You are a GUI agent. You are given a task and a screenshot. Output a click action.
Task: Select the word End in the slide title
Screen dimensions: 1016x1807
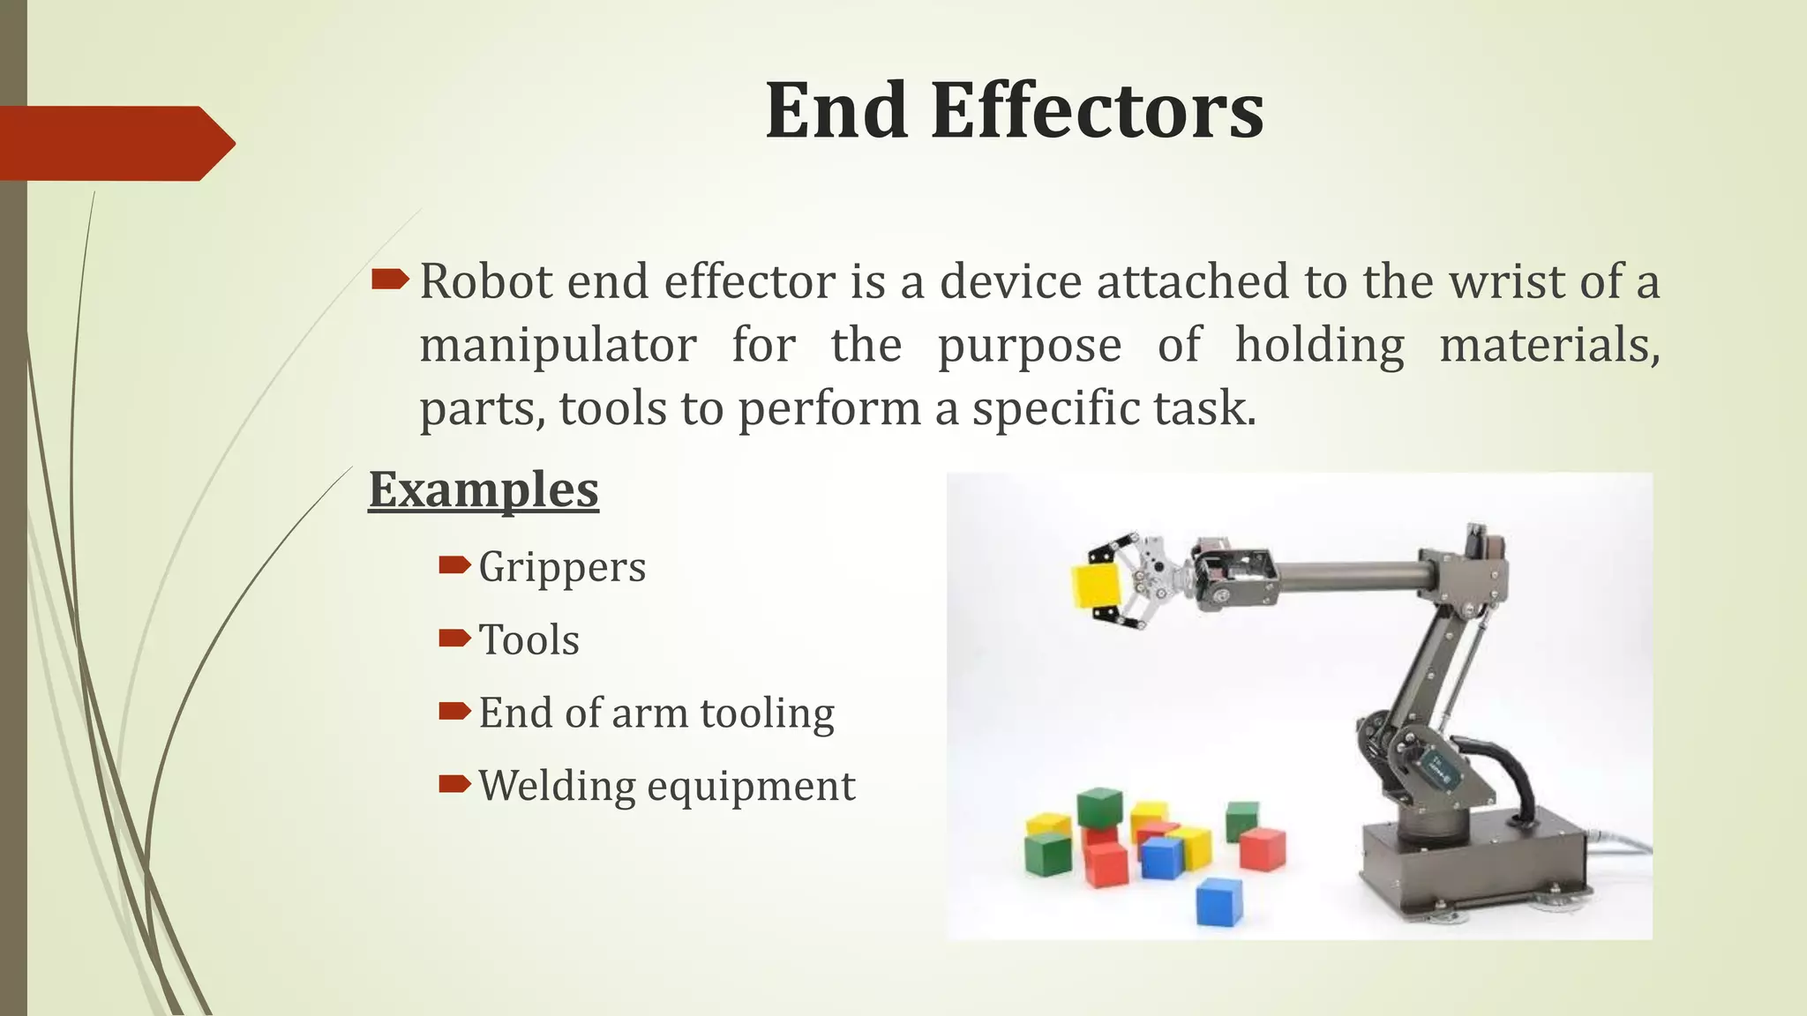(x=836, y=112)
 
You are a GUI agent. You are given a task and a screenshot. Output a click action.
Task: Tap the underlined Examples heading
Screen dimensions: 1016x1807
(x=484, y=490)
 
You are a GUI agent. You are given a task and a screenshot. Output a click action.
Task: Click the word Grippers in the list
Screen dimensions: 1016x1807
(x=562, y=567)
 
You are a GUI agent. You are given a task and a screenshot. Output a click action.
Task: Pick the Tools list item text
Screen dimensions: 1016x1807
(x=529, y=640)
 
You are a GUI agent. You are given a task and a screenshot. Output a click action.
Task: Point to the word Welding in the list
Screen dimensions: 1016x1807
(x=556, y=786)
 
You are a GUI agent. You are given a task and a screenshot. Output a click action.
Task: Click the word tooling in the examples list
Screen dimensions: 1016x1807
(x=767, y=713)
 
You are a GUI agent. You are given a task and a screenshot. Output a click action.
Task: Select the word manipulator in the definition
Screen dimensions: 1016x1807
(x=558, y=345)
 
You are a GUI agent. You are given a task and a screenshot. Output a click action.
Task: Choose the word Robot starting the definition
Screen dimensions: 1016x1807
(x=485, y=282)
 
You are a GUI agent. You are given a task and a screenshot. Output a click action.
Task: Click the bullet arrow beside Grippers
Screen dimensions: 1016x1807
(x=454, y=564)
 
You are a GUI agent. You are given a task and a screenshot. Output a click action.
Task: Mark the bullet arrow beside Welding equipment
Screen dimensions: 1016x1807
(x=454, y=783)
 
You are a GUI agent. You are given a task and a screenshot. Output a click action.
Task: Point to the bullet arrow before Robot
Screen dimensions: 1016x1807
(x=389, y=280)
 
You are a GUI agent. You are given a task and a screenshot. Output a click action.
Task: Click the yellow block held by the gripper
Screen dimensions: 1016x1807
(x=1096, y=586)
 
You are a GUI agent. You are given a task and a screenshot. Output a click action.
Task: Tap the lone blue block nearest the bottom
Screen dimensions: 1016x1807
(x=1218, y=900)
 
